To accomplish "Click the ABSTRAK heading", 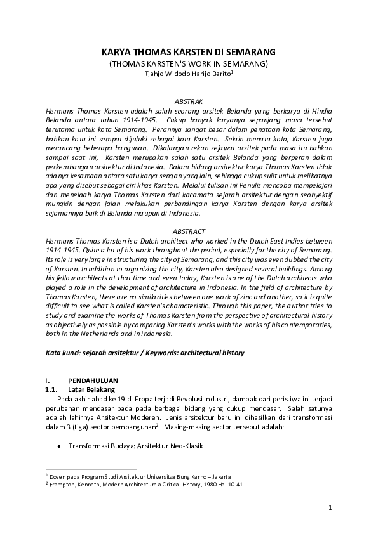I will click(189, 100).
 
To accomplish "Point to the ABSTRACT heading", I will click(189, 232).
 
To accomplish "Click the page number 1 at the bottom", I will click(330, 507).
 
